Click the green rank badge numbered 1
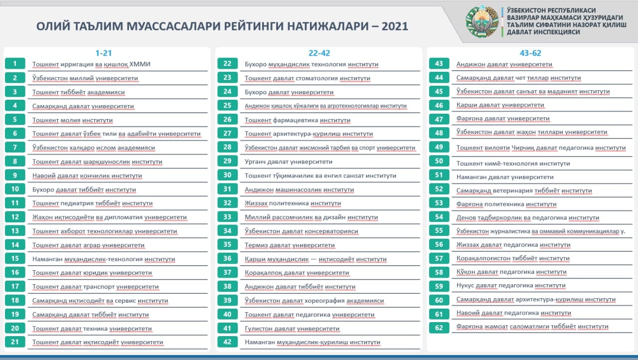15,64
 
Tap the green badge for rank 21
15,342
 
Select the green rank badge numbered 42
228,342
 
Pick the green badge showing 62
439,327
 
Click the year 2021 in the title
395,26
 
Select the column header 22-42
319,53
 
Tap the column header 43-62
530,53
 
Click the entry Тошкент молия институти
72,120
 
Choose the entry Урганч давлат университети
289,162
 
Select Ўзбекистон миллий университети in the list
85,78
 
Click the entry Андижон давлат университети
504,64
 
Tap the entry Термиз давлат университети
290,245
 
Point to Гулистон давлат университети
292,329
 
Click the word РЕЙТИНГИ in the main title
243,26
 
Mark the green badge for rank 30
228,175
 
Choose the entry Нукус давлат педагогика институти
511,286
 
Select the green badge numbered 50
439,161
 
